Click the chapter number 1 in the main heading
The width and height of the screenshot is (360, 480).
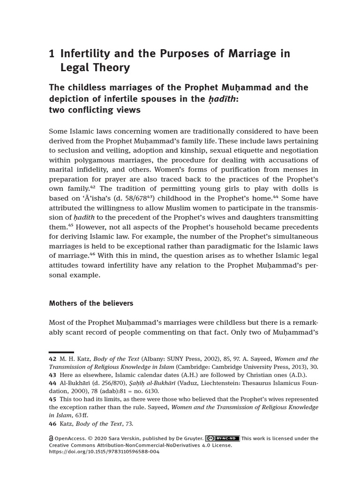[52, 54]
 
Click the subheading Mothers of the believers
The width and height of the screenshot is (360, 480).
[91, 303]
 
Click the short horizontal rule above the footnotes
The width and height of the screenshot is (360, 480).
[61, 352]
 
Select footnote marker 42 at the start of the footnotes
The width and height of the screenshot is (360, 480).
[52, 359]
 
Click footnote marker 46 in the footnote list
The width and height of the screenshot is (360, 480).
[52, 424]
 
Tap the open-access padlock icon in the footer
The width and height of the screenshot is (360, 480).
[51, 439]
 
